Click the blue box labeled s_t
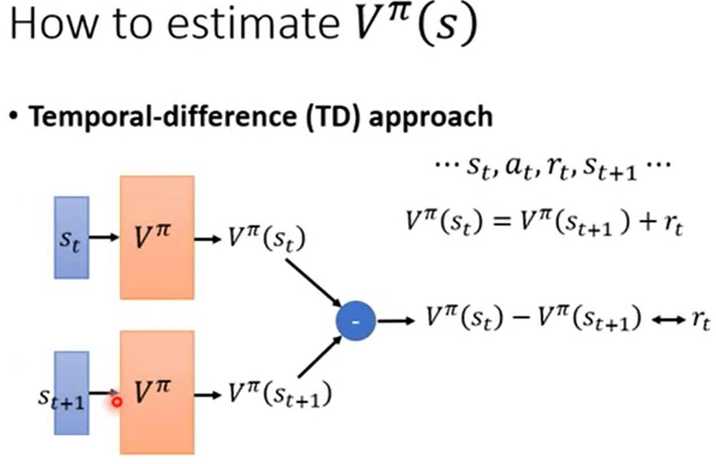71,237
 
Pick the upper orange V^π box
156,237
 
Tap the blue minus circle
355,322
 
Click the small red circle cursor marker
117,402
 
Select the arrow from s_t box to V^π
104,237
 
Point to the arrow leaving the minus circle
395,322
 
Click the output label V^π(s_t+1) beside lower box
279,395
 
